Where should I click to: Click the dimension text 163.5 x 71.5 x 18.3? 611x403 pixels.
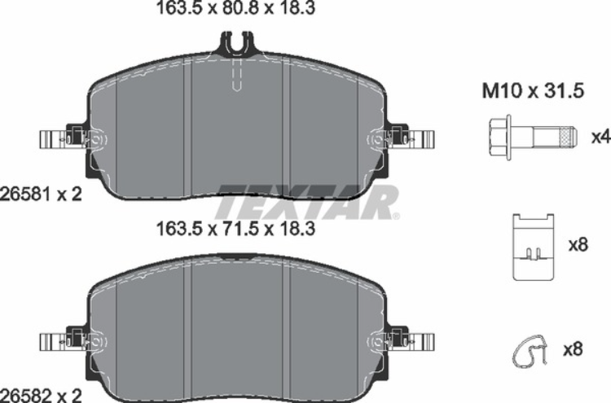[x=235, y=230]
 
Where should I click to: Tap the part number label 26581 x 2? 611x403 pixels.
[x=42, y=195]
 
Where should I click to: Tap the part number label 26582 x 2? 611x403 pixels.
[x=42, y=394]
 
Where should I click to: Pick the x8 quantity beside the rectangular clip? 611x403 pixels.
[x=577, y=243]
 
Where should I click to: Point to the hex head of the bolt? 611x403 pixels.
[x=500, y=135]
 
